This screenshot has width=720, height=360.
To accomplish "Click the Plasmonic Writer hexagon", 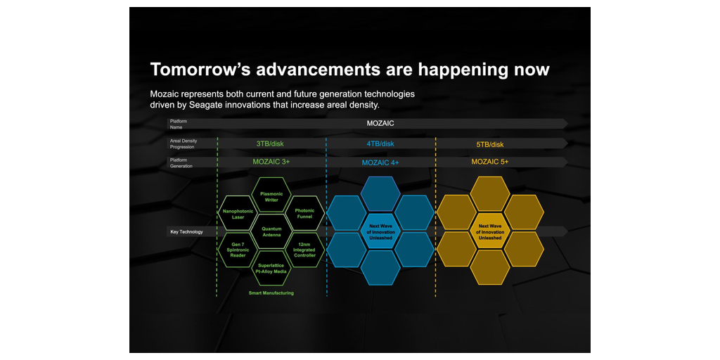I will point(271,196).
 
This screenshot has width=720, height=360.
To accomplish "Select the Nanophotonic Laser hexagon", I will point(238,213).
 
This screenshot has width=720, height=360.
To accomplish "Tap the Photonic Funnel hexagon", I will point(304,213).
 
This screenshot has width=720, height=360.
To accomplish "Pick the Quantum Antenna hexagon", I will point(271,231).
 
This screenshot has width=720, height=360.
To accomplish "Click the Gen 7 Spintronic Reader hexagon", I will point(238,250).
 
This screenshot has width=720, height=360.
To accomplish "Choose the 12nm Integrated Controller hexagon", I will point(304,250).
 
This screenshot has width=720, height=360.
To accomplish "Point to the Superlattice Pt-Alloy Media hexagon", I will point(271,268).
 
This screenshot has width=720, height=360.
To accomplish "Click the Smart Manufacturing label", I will point(271,292).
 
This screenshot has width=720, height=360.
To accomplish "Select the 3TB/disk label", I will point(270,143).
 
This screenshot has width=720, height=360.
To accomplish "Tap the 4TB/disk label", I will point(380,143).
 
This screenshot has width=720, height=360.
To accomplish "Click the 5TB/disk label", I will point(490,144).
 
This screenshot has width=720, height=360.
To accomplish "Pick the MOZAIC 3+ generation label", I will point(271,162).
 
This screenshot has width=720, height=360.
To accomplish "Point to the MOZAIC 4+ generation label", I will point(380,162).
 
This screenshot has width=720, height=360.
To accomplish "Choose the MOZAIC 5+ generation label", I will point(490,162).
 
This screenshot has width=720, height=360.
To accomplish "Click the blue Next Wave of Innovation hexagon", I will point(380,231).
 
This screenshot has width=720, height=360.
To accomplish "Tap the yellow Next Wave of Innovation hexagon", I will point(490,231).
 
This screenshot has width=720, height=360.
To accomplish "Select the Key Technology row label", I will point(186,231).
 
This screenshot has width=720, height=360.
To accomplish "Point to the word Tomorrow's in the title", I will point(199,70).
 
